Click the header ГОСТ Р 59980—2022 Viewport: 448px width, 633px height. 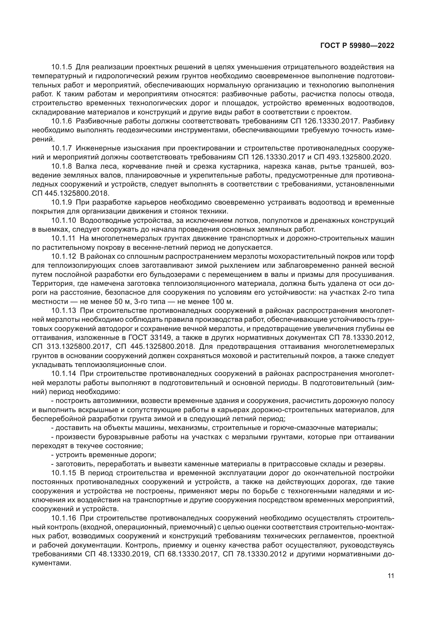click(357, 46)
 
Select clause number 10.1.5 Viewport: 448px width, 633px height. click(61, 67)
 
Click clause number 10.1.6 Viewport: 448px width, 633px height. click(61, 121)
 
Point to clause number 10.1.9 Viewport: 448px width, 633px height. click(61, 202)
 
